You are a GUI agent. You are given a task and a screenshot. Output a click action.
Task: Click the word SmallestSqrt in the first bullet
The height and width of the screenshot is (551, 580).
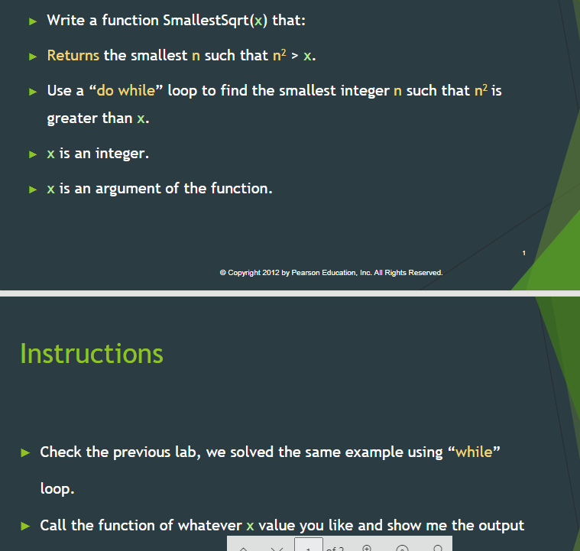pos(206,21)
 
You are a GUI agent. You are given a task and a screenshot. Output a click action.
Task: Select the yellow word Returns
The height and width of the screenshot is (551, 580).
pos(73,55)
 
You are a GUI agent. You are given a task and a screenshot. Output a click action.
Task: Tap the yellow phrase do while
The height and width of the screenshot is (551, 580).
pos(125,90)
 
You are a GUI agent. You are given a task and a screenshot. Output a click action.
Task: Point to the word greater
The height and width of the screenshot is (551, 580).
pos(72,118)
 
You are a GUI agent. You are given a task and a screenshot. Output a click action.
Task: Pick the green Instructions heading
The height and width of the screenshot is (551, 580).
pos(92,353)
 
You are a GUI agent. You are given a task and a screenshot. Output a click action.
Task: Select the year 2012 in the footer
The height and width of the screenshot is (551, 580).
pos(271,273)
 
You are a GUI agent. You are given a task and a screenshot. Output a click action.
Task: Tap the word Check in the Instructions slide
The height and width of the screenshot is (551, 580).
pos(61,452)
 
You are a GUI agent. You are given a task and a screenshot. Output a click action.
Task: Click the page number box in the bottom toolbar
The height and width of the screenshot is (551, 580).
pos(306,546)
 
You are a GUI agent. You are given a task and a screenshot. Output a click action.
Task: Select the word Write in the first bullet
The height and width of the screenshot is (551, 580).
pos(66,21)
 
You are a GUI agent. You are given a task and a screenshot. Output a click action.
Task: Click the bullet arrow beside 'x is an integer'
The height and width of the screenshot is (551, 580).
pos(32,154)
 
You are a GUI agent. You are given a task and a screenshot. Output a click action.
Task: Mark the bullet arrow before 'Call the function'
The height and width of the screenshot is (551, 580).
pos(24,526)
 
